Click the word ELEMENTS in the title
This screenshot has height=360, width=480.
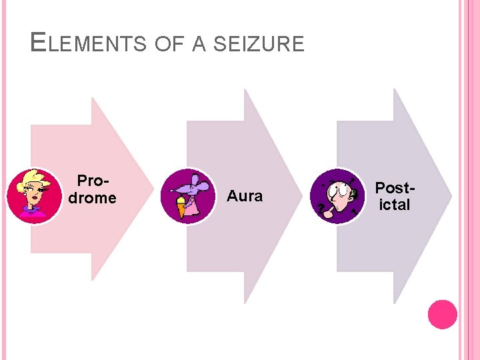click(x=89, y=44)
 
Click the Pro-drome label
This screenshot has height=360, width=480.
click(x=93, y=189)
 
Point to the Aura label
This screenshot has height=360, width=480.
click(x=245, y=196)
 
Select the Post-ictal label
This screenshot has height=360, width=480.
click(x=395, y=196)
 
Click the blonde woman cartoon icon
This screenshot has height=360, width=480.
click(x=34, y=196)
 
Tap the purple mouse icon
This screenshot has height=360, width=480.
click(x=189, y=196)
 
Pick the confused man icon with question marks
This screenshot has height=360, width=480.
click(x=338, y=196)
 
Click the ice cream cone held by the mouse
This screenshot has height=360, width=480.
click(x=179, y=206)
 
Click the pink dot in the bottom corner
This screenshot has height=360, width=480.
click(x=442, y=314)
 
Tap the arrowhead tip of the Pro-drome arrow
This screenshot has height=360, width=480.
click(x=149, y=189)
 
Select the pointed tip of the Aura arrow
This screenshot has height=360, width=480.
click(x=300, y=196)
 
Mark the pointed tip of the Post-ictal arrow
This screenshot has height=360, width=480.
click(x=451, y=196)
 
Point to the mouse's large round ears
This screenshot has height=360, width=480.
click(x=191, y=179)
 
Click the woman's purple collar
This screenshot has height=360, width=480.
click(x=33, y=211)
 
